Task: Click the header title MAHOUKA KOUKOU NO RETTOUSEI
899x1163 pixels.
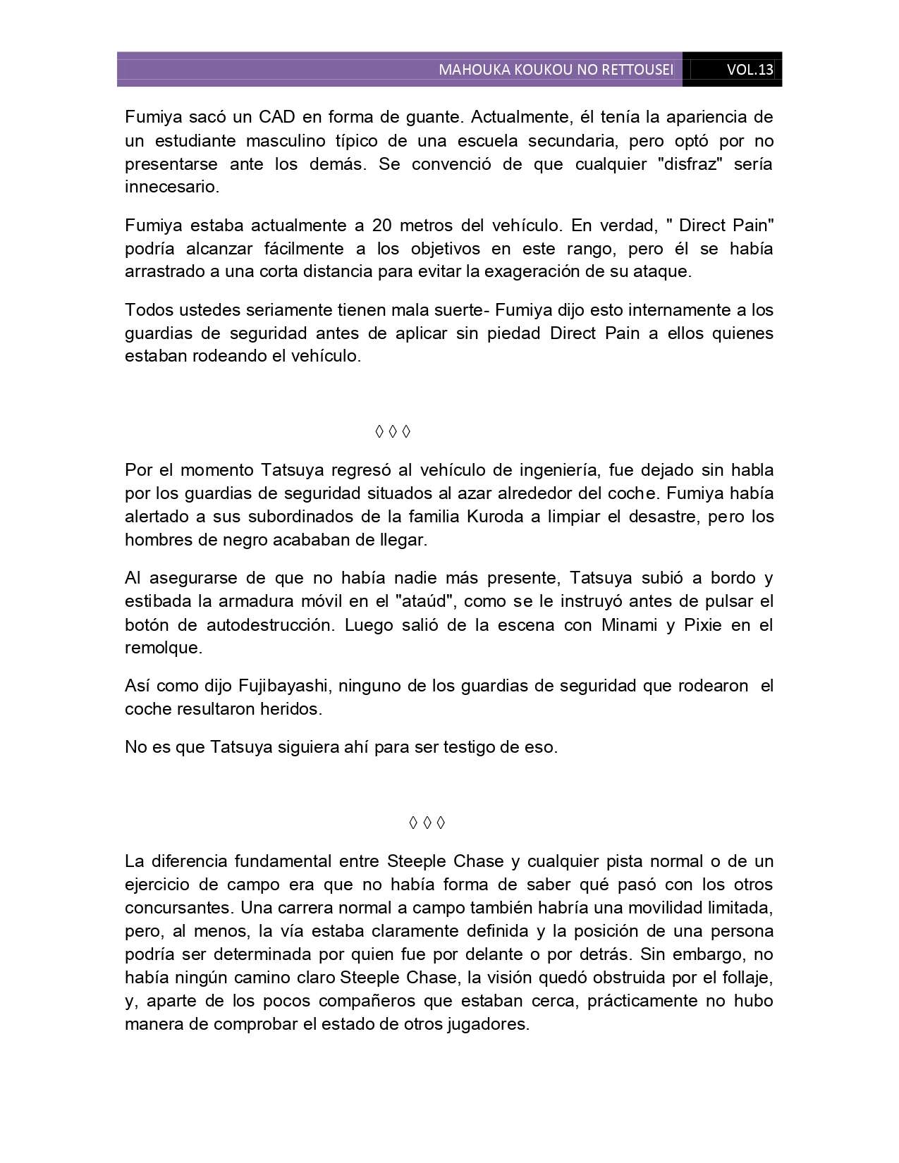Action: pyautogui.click(x=556, y=70)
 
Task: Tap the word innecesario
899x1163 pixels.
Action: pyautogui.click(x=171, y=187)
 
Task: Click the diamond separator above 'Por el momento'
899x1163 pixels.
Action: pyautogui.click(x=393, y=431)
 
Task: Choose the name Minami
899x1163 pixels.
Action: pyautogui.click(x=630, y=625)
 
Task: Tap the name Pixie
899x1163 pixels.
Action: pyautogui.click(x=703, y=625)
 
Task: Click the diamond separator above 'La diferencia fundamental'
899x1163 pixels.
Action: pyautogui.click(x=427, y=823)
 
